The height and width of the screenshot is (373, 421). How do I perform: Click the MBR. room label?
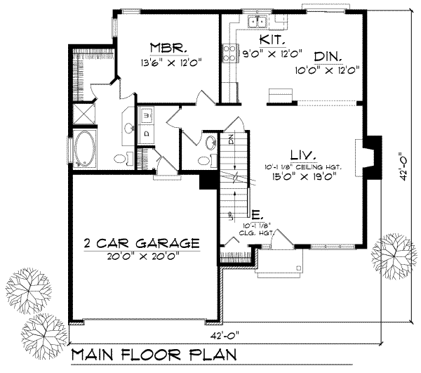168,48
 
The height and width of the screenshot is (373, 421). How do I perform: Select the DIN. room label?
328,57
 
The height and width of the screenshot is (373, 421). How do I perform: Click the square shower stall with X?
83,114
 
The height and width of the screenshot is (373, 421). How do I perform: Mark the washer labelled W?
148,114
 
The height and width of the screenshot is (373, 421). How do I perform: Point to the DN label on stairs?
229,138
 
